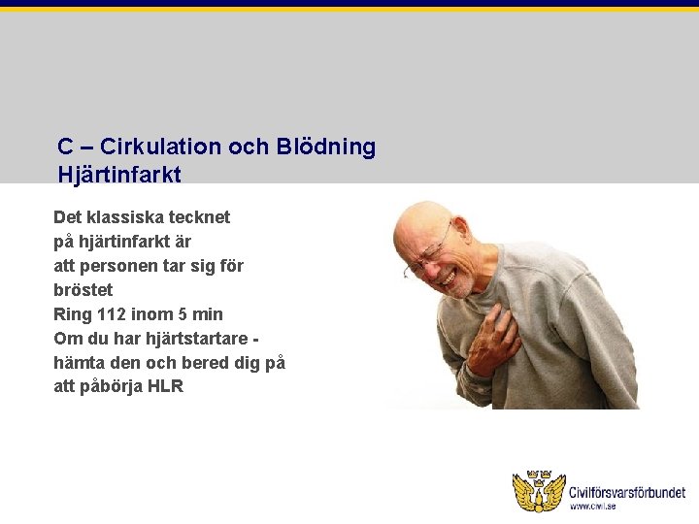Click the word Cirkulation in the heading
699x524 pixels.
pos(161,147)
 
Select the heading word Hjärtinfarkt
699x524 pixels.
pos(118,175)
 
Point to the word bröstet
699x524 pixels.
pos(83,290)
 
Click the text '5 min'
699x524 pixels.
pos(200,314)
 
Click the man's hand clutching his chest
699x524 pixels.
pos(491,341)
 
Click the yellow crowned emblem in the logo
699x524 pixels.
pos(538,491)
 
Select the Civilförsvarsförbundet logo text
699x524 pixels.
pos(627,493)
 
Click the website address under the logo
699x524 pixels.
pos(592,507)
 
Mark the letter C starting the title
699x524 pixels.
pos(65,147)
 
